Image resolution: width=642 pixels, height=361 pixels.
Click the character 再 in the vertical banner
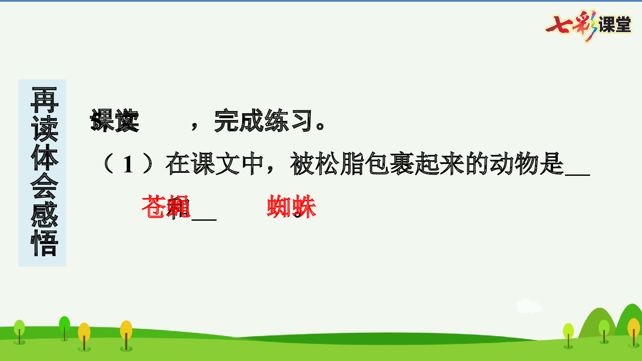tap(44, 100)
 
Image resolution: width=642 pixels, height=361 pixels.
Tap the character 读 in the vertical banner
tap(44, 128)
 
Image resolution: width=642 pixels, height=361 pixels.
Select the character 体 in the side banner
tap(44, 157)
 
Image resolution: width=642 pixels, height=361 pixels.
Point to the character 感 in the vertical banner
tap(44, 215)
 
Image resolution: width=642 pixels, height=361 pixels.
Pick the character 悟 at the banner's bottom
tap(44, 243)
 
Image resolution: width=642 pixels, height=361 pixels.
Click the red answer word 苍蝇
tap(166, 207)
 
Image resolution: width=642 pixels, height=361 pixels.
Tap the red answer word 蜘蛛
tap(291, 207)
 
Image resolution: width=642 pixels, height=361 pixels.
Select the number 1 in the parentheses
tap(128, 165)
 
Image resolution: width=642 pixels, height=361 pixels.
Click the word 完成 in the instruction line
tap(239, 121)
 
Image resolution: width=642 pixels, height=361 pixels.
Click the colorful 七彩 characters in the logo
tap(571, 25)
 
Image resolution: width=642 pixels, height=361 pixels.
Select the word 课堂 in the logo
tap(615, 25)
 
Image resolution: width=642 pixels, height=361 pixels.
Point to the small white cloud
tap(528, 306)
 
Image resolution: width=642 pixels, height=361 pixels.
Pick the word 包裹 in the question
tap(389, 164)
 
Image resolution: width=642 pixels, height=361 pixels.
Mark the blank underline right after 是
tap(577, 174)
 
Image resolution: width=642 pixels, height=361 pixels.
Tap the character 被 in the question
tap(303, 164)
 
